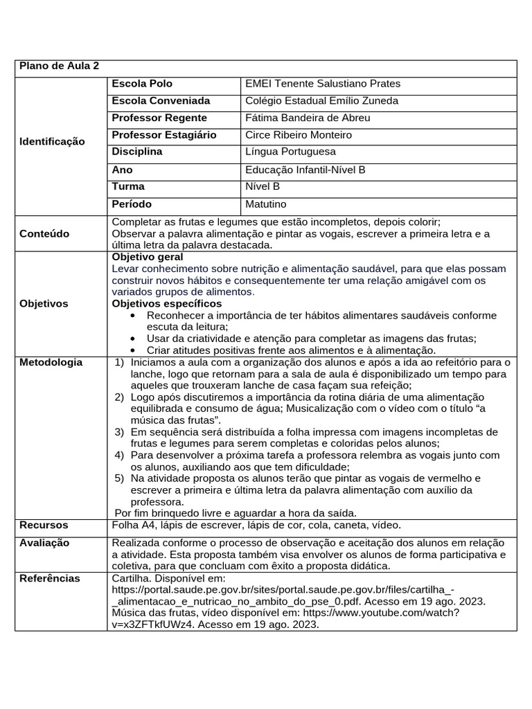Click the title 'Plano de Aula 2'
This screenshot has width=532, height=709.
coord(59,66)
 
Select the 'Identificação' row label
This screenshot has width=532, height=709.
coord(52,141)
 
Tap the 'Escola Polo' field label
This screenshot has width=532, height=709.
coord(142,84)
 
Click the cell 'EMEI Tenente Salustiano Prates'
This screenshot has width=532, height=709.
coord(323,84)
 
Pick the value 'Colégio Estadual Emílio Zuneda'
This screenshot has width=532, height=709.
coord(322,101)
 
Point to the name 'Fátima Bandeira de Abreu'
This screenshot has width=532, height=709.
coord(308,118)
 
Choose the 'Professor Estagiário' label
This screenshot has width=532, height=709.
coord(163,135)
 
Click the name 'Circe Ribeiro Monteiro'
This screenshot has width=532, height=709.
coord(299,135)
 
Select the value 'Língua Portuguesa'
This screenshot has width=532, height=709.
coord(290,152)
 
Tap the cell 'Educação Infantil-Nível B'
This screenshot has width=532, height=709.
coord(305,170)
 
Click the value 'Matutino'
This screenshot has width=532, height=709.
coord(265,204)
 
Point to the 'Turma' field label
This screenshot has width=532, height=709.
coord(128,186)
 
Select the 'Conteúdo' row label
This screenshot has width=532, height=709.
coord(44,234)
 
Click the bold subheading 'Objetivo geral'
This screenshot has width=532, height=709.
coord(148,257)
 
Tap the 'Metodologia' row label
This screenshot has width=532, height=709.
coord(51,362)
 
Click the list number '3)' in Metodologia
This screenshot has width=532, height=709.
coord(118,431)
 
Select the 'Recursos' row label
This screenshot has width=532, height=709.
coord(44,526)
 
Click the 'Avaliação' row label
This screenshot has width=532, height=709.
coord(44,543)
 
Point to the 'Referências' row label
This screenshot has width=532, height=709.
coord(49,578)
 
